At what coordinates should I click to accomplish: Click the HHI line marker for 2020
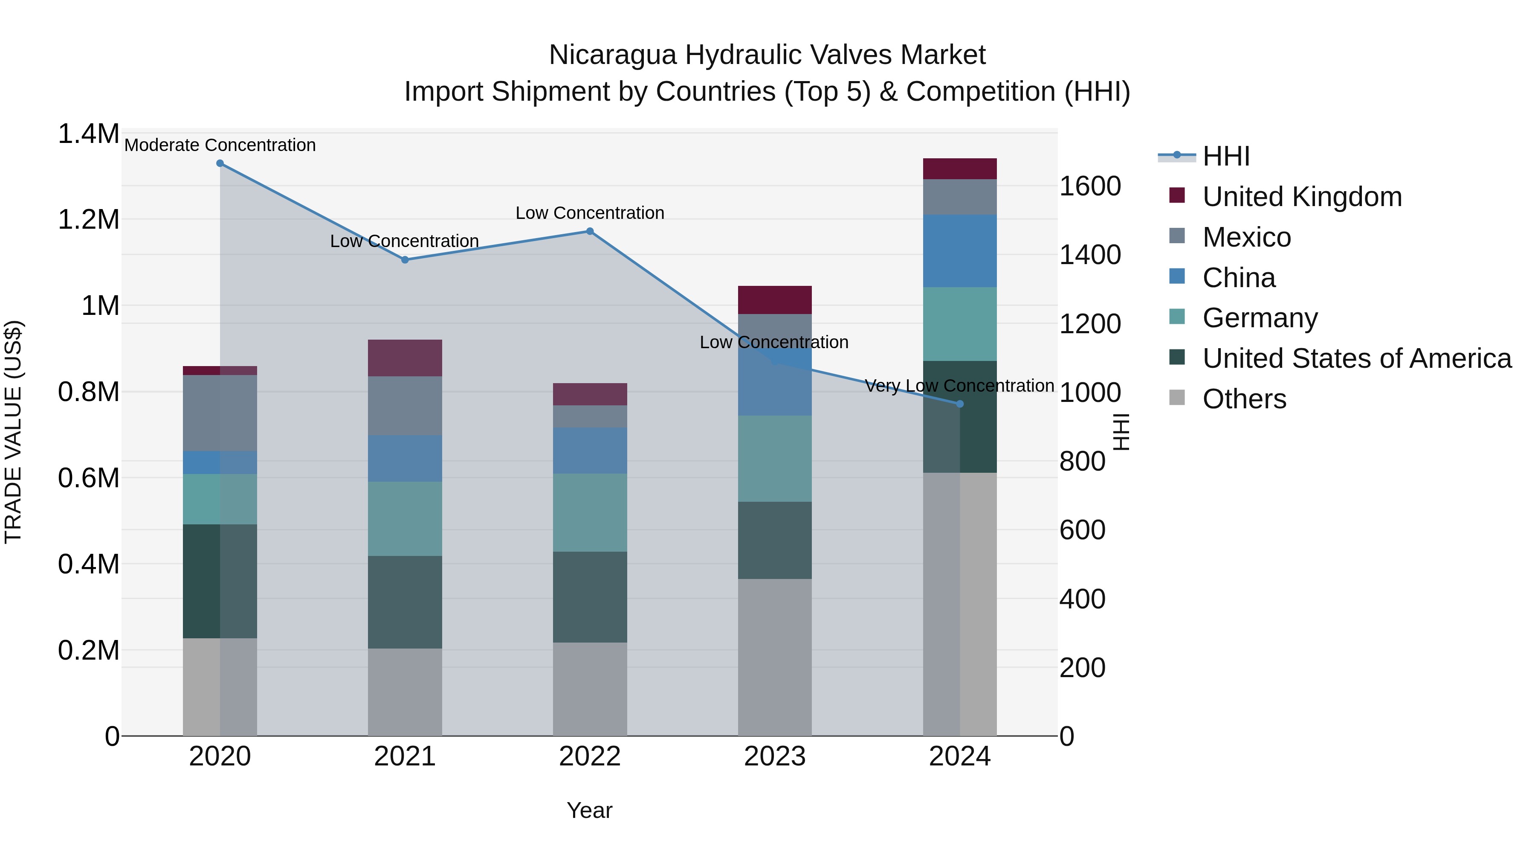tap(220, 163)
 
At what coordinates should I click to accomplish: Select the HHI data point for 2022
tap(590, 231)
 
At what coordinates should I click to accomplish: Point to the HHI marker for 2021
tap(405, 260)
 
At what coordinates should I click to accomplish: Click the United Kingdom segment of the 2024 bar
tap(959, 169)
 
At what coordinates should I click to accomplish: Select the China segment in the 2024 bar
tap(959, 251)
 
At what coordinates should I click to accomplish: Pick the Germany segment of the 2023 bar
tap(775, 459)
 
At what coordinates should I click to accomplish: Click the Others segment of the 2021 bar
tap(405, 692)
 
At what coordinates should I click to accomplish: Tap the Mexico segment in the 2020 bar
tap(220, 413)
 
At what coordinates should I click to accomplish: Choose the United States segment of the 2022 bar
tap(590, 597)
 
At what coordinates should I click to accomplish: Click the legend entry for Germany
tap(1259, 318)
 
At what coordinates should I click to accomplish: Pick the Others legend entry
tap(1244, 399)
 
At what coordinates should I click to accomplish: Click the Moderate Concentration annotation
tap(220, 145)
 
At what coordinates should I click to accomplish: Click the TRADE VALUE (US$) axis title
tap(13, 432)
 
